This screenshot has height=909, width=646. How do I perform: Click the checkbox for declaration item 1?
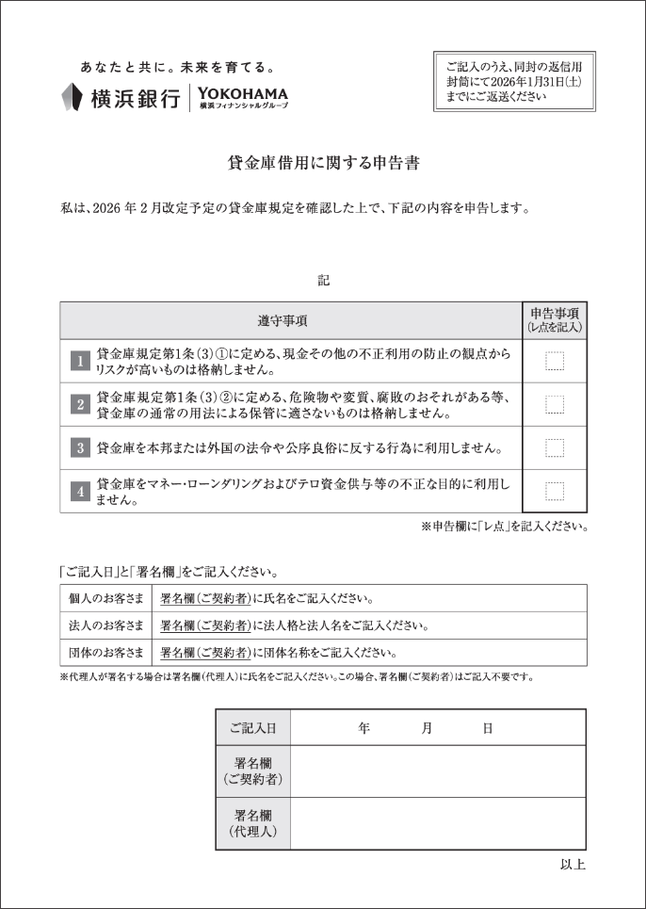pyautogui.click(x=555, y=361)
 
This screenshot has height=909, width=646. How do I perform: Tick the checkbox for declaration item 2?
pyautogui.click(x=555, y=404)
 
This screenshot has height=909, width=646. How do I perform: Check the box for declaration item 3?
pyautogui.click(x=555, y=447)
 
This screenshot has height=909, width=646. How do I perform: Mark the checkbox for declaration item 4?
pyautogui.click(x=555, y=491)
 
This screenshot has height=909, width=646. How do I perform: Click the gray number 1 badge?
pyautogui.click(x=80, y=361)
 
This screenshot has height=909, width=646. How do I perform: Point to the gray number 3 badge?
pyautogui.click(x=80, y=447)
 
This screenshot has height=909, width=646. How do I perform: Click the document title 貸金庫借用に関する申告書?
pyautogui.click(x=323, y=162)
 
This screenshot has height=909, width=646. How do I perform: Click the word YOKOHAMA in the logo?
pyautogui.click(x=243, y=93)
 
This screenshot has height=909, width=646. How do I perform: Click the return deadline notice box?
pyautogui.click(x=514, y=81)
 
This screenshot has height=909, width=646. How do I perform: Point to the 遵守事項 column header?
pyautogui.click(x=290, y=320)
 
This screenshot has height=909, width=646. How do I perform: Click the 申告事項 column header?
pyautogui.click(x=555, y=320)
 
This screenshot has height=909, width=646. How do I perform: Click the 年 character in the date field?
pyautogui.click(x=363, y=728)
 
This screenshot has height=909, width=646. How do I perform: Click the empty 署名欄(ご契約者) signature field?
pyautogui.click(x=438, y=771)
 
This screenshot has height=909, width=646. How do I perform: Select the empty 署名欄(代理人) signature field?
pyautogui.click(x=438, y=823)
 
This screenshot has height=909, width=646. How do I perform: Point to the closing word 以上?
pyautogui.click(x=573, y=865)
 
